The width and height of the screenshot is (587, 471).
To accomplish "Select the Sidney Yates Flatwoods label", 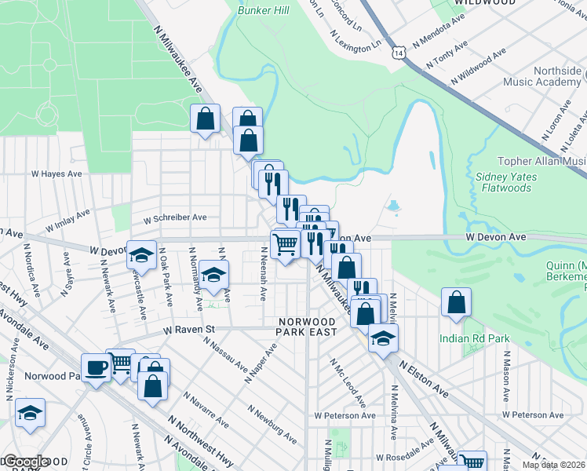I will pos(506,182).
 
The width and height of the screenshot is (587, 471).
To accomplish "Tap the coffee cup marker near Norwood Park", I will pos(97,367).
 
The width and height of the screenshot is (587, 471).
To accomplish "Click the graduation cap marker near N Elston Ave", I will pos(382,338).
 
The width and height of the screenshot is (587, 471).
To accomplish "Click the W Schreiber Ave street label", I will pos(174,217).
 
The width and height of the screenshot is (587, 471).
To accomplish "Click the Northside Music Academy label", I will pos(558,76).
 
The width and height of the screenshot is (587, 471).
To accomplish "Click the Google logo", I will pos(25,462).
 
